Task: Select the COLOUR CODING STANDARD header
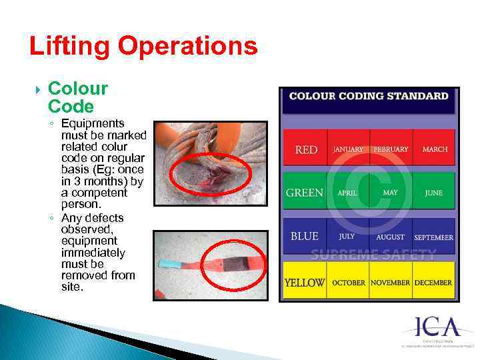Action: (x=369, y=96)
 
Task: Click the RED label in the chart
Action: (x=306, y=149)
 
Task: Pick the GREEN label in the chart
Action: (x=305, y=193)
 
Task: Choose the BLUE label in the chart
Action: (x=305, y=236)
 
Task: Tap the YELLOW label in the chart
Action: (x=305, y=283)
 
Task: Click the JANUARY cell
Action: (x=349, y=149)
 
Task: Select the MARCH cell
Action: (x=435, y=149)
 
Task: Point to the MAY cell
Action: (x=391, y=193)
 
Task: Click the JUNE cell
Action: (x=433, y=193)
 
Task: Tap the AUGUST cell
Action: (x=390, y=237)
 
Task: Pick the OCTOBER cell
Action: (x=349, y=283)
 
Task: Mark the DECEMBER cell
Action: (x=433, y=283)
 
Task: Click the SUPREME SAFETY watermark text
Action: (x=373, y=254)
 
